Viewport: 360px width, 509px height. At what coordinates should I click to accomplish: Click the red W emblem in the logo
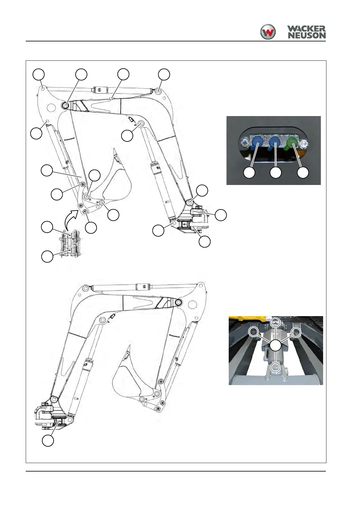tap(268, 32)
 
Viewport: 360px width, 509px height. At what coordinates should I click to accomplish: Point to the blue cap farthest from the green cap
tap(257, 141)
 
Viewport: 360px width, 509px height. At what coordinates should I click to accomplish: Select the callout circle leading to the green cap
tap(303, 173)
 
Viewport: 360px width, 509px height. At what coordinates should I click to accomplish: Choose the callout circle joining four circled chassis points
tap(275, 345)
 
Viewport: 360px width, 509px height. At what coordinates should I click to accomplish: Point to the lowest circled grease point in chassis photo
tap(275, 367)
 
